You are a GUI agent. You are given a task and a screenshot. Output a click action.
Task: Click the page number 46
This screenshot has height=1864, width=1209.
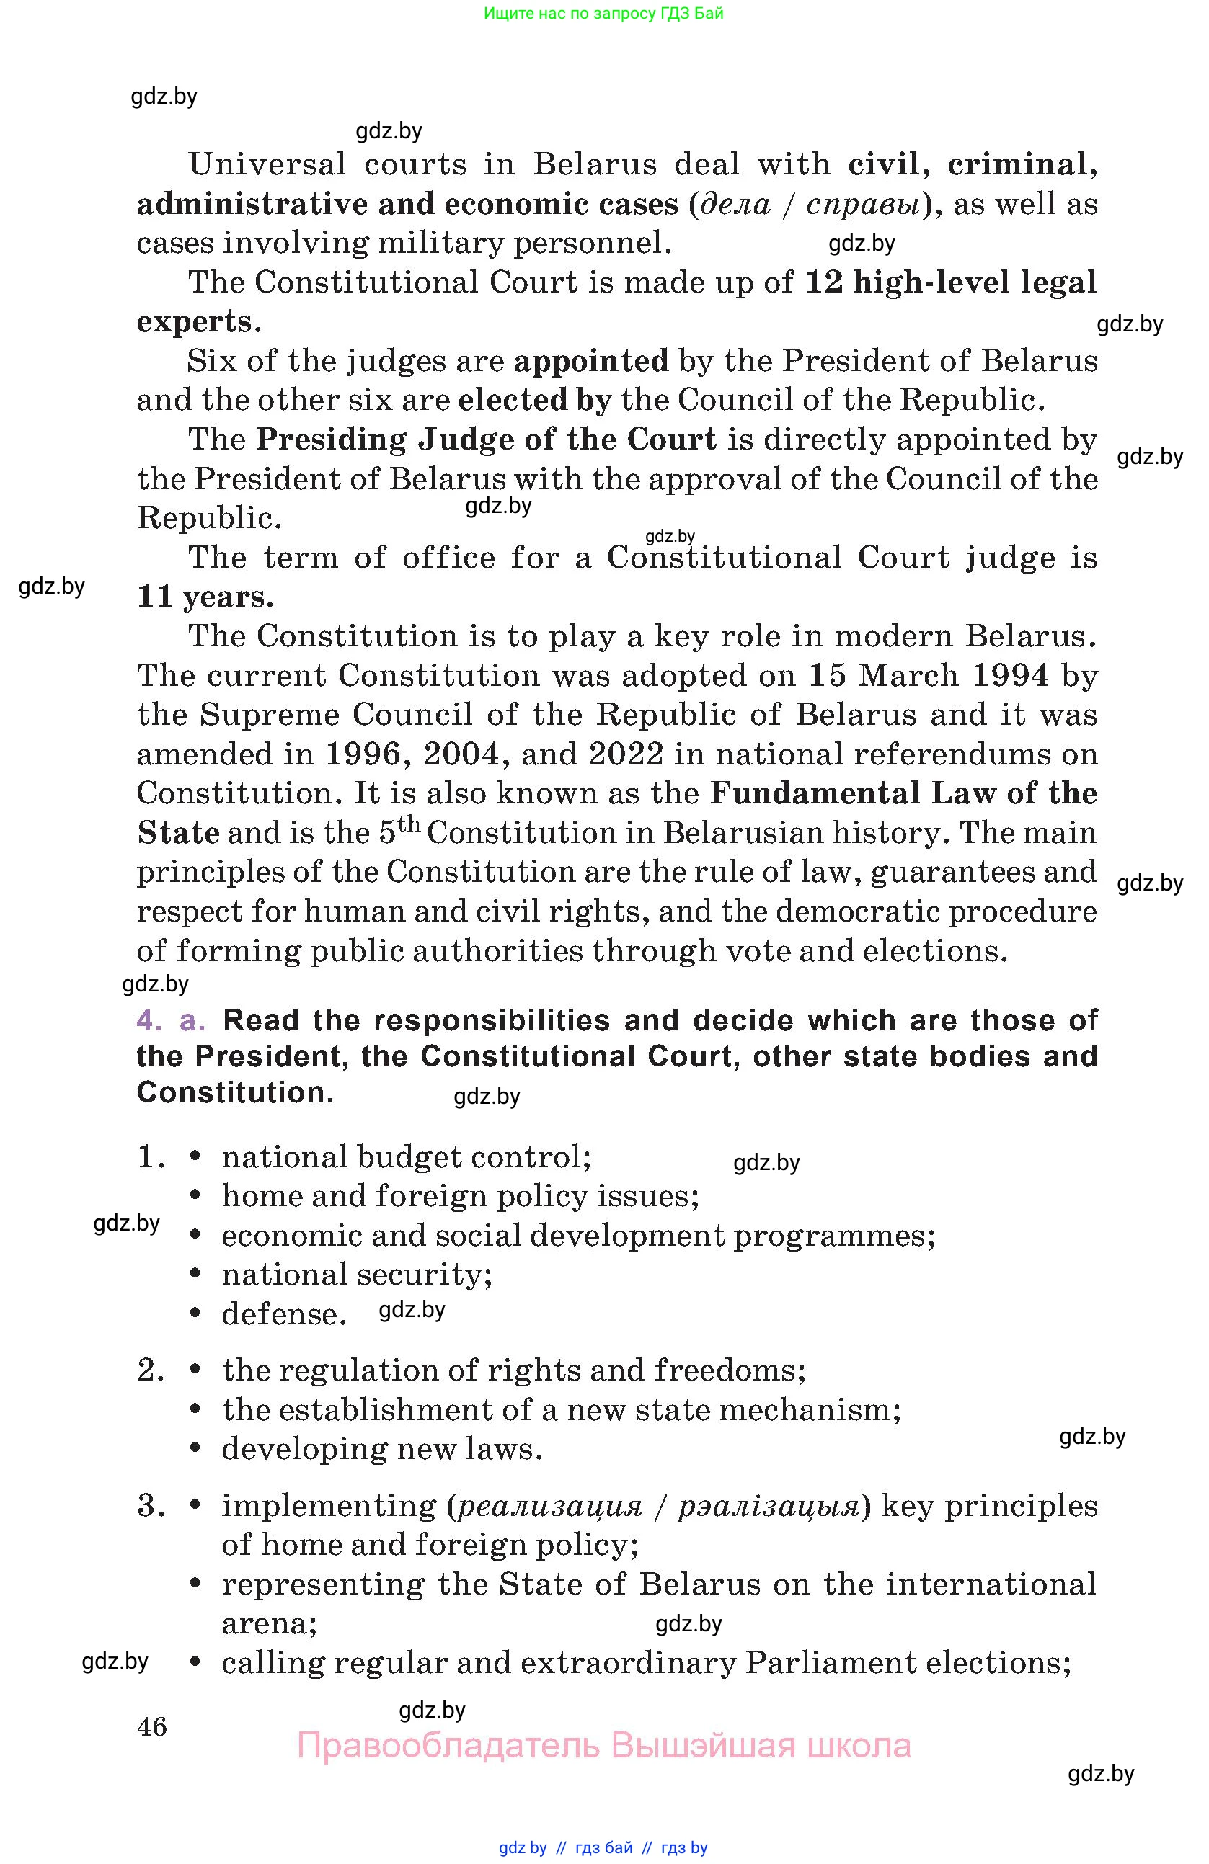tap(152, 1726)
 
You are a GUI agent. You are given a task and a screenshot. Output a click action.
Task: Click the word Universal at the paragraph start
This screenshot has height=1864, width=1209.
tap(267, 165)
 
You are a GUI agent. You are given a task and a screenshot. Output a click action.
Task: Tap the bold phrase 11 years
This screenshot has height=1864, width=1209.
tap(205, 597)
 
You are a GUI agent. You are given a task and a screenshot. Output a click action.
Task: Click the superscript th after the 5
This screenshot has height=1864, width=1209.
tap(409, 825)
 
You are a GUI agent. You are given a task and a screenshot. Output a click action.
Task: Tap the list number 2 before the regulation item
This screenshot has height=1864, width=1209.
tap(150, 1370)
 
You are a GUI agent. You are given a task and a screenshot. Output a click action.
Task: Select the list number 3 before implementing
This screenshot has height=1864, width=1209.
tap(150, 1505)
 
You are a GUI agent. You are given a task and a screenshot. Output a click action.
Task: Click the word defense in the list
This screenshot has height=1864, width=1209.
tap(283, 1314)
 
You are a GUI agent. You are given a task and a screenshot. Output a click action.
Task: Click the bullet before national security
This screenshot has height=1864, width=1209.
tap(196, 1275)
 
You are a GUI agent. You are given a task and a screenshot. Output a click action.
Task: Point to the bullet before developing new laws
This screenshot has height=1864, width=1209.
tap(196, 1450)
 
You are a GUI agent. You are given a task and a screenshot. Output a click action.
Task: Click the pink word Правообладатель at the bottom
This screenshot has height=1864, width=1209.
tap(448, 1746)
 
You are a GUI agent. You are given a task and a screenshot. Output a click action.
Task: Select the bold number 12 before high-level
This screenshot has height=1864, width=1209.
tap(824, 282)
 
